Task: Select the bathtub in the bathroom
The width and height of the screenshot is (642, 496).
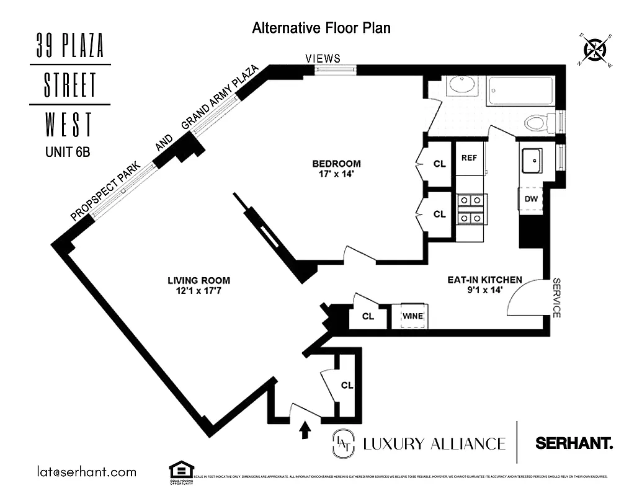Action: click(x=520, y=91)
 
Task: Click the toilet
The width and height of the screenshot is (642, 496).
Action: click(x=537, y=122)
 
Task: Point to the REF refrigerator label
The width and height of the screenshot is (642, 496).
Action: click(x=469, y=157)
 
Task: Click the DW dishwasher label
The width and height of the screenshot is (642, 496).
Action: click(x=530, y=199)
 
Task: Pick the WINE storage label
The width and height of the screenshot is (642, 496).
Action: click(x=412, y=316)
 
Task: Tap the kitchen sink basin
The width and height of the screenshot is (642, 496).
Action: click(x=532, y=161)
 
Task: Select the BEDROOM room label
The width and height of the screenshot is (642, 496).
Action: click(x=336, y=164)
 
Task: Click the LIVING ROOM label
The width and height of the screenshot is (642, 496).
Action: click(x=195, y=280)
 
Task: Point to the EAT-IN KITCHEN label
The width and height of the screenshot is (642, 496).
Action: click(x=484, y=280)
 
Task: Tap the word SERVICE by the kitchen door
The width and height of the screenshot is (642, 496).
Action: click(x=556, y=298)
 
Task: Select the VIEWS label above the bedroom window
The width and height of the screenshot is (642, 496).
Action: click(x=323, y=58)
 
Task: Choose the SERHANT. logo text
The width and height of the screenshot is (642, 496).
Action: click(x=574, y=443)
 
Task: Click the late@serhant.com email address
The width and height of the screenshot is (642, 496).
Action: click(x=86, y=472)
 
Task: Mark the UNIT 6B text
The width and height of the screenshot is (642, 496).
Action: click(x=68, y=151)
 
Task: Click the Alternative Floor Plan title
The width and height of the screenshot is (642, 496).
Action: click(x=321, y=28)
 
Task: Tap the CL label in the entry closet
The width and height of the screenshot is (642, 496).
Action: click(x=346, y=385)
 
